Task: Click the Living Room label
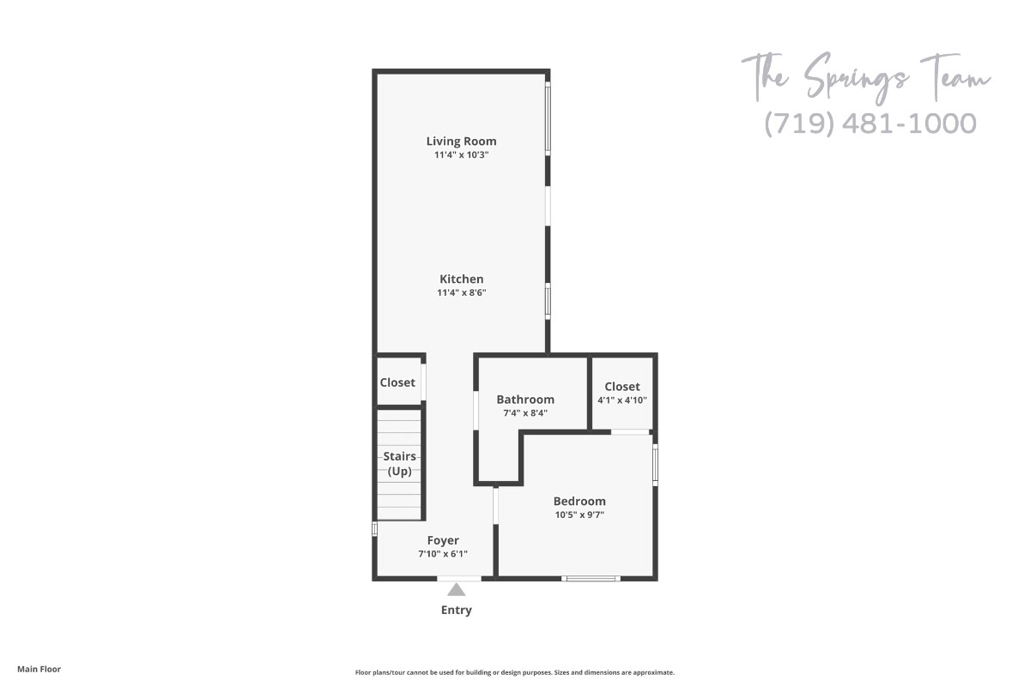click(461, 141)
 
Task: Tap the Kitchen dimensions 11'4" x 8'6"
click(461, 292)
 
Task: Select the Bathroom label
click(525, 400)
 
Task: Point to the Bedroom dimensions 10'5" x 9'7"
click(579, 514)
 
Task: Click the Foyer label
click(443, 540)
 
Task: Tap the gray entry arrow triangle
click(456, 589)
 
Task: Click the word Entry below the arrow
click(456, 611)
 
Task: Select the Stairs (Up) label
click(399, 464)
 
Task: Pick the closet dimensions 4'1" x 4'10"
click(622, 400)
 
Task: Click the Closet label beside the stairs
click(397, 382)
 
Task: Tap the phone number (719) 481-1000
click(870, 123)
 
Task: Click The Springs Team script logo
click(866, 78)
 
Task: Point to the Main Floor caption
click(39, 669)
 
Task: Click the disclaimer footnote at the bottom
click(514, 672)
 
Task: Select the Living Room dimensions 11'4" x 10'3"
click(461, 155)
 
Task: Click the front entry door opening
click(459, 579)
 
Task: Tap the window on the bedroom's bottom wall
click(591, 579)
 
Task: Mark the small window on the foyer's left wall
click(375, 528)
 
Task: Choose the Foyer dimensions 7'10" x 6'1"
click(443, 554)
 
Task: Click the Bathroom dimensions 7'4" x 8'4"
click(525, 413)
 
